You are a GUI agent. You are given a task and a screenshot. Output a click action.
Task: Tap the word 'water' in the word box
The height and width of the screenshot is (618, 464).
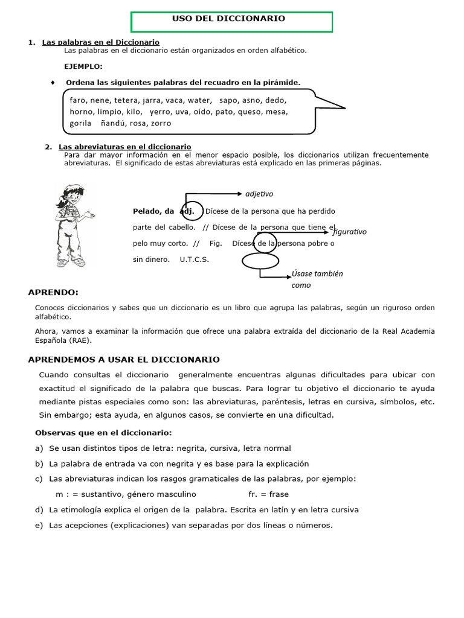199,100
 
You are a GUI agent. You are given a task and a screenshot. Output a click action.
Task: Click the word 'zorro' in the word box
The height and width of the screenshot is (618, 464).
161,123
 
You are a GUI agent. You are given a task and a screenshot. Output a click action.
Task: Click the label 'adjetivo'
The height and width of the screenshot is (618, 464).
259,194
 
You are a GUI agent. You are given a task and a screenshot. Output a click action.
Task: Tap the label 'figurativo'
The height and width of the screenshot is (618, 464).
349,232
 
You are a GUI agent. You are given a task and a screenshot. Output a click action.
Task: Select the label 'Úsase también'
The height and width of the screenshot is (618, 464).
317,273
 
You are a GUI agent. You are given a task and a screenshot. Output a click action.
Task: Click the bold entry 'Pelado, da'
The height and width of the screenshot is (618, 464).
153,211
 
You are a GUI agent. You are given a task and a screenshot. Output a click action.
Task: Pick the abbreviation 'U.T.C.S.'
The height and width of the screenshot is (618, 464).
194,260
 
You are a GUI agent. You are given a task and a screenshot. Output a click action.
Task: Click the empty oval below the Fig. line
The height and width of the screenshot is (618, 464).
260,261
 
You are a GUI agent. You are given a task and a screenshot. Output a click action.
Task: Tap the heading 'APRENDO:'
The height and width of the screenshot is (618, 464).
53,293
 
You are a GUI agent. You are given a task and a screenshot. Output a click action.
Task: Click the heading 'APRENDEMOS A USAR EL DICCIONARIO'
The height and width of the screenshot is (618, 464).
124,360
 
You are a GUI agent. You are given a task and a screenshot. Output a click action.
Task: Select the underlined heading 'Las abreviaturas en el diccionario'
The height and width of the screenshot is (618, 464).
124,147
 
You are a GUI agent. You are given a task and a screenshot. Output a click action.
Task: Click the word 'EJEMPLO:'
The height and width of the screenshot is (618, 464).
83,66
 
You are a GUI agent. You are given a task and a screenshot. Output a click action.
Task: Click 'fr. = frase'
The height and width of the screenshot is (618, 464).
268,494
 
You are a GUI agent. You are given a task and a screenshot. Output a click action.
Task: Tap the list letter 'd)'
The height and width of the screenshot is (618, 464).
39,509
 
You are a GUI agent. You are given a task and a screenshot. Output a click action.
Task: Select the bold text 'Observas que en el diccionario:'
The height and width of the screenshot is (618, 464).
103,433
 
